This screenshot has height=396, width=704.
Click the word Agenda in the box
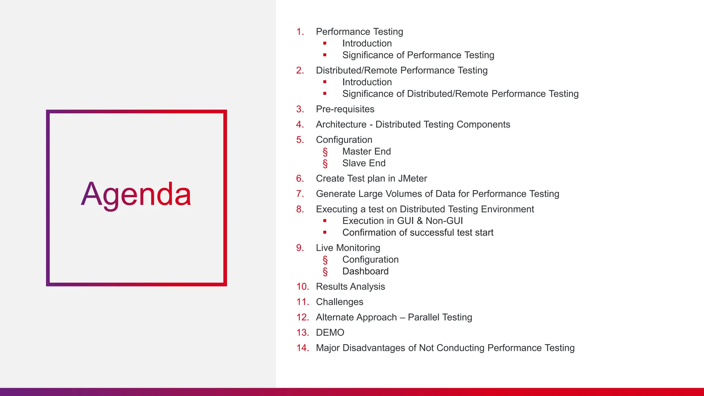136,195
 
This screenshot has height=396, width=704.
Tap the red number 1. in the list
300,32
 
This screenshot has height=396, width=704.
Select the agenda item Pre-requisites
345,109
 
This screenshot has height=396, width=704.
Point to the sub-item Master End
366,151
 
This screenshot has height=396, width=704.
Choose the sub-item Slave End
364,163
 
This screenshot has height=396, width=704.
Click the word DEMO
330,332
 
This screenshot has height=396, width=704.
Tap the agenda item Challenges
339,302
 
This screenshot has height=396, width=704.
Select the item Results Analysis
350,286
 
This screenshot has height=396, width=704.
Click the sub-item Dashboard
365,271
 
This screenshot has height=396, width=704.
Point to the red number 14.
302,348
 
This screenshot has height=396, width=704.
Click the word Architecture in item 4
341,124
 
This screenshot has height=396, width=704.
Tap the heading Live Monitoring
348,248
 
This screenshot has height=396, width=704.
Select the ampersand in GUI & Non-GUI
419,221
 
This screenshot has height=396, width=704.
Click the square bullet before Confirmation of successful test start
325,232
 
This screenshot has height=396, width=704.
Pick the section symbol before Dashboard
325,272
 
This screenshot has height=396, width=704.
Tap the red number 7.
300,194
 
